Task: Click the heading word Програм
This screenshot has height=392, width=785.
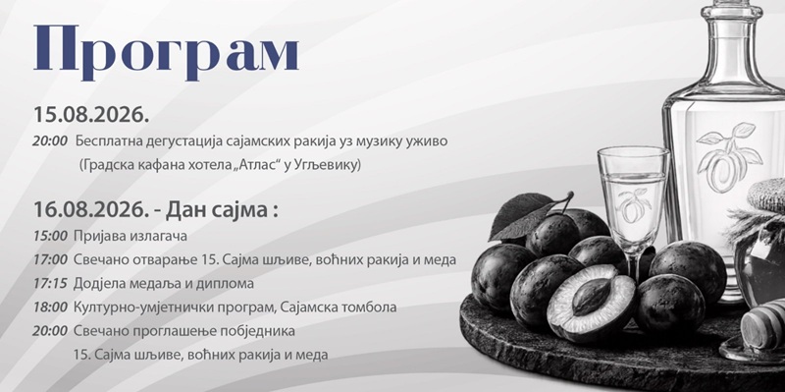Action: (x=166, y=52)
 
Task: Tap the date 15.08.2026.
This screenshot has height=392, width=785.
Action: (x=91, y=115)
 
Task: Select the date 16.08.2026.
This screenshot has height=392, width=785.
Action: (x=91, y=209)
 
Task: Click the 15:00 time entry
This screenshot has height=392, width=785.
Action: (x=50, y=236)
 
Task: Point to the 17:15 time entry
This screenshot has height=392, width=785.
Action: (x=50, y=283)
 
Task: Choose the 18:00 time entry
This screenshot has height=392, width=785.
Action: (x=50, y=308)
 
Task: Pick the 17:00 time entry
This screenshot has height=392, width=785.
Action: (x=50, y=259)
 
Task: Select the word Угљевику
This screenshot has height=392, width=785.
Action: (x=334, y=166)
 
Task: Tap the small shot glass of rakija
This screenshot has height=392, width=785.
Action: (x=633, y=208)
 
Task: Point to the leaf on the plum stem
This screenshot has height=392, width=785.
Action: (x=522, y=215)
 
